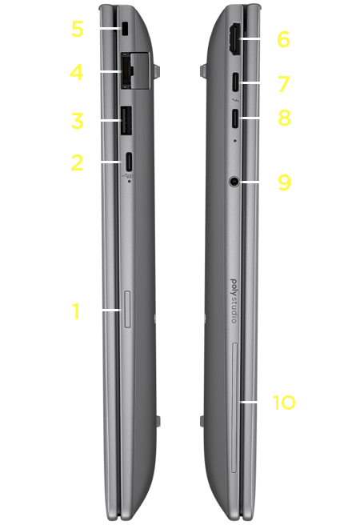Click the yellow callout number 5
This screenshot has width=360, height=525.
[77, 29]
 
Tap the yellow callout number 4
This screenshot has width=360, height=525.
[76, 72]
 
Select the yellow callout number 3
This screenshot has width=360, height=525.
[77, 121]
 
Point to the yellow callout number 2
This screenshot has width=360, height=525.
[77, 162]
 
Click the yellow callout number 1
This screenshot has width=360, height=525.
[77, 311]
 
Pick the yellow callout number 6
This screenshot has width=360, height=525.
[283, 39]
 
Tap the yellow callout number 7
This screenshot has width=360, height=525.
[284, 84]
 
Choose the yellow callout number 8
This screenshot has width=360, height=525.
[284, 118]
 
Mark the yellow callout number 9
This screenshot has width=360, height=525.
[284, 182]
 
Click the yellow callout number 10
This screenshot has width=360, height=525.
[284, 402]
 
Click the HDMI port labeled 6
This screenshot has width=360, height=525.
[234, 39]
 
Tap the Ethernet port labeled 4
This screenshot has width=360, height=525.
[134, 70]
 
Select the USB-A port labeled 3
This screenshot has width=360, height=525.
[126, 120]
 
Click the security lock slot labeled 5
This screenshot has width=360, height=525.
[125, 29]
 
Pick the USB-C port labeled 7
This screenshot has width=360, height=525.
[235, 82]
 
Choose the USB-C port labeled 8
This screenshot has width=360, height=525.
[235, 118]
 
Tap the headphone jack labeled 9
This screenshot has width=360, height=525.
[234, 182]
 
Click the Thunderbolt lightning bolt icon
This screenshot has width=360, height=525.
[235, 101]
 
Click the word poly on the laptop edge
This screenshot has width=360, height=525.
[234, 287]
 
